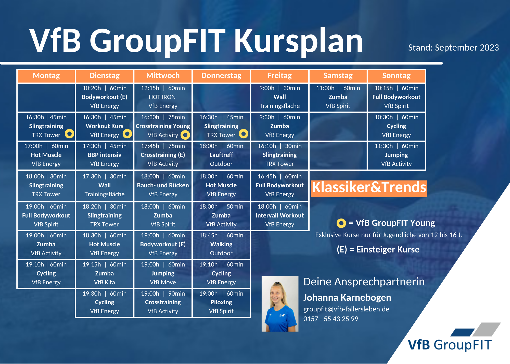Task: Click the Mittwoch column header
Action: (163, 76)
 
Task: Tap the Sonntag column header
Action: (396, 76)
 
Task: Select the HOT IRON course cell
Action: (163, 97)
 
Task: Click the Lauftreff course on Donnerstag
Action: (221, 155)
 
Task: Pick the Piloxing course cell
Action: (221, 302)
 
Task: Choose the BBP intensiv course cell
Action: (105, 155)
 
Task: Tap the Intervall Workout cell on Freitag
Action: (280, 215)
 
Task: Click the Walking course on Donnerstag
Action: (221, 244)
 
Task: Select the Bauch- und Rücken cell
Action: (163, 185)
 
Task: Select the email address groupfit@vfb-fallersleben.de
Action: (346, 309)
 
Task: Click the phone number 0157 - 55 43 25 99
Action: (331, 319)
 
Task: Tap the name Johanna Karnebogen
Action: (347, 298)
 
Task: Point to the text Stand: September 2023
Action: (453, 47)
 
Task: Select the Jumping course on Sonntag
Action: (396, 155)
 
